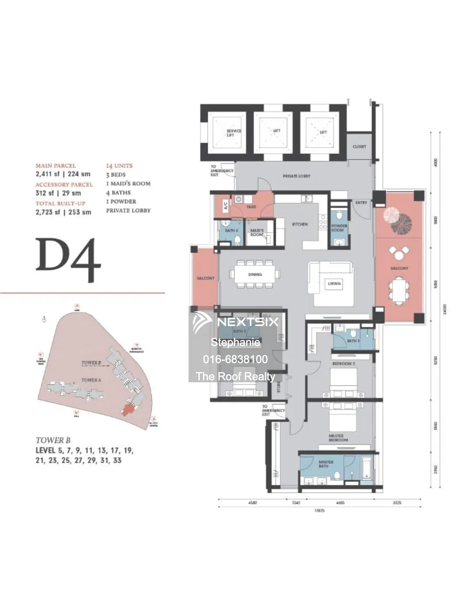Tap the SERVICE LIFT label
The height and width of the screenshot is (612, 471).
coord(233,133)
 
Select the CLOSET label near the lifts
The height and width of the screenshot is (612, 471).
coord(359,146)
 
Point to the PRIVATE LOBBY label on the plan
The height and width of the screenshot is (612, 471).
coord(296,176)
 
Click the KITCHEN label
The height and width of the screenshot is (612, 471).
coord(300,224)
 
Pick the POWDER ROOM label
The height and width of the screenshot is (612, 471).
coord(339,228)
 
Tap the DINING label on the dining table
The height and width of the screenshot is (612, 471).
coord(255,275)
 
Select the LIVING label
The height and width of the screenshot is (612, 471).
coord(334,284)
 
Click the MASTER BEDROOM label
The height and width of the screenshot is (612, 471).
coord(338,438)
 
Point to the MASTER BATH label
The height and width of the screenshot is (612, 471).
coord(326,463)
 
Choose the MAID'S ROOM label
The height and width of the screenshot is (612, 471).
coord(257,233)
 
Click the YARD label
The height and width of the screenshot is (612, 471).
coord(251,207)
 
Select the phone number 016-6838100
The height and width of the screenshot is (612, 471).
coord(235,359)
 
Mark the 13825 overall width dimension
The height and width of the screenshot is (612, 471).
coord(319,510)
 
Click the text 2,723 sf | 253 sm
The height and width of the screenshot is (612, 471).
coord(63,212)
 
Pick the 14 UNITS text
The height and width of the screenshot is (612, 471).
coord(119,166)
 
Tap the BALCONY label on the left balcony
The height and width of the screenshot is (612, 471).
coord(205,278)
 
